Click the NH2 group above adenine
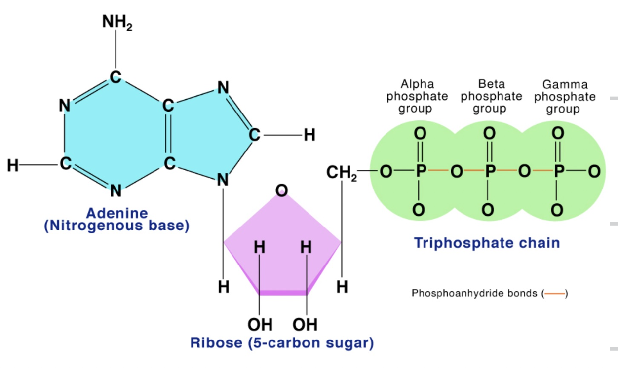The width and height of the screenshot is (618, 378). click(117, 22)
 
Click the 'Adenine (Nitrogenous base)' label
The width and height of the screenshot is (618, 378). click(116, 220)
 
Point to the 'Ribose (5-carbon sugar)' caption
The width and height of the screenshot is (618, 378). click(282, 342)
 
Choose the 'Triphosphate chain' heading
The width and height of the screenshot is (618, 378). click(487, 243)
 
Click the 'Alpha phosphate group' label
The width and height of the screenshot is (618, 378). click(417, 96)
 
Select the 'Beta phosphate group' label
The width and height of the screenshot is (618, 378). click(491, 96)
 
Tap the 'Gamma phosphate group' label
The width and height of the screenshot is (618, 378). click(565, 96)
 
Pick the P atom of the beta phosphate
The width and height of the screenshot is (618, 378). click(489, 172)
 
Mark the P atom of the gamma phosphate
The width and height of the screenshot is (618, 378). click(558, 172)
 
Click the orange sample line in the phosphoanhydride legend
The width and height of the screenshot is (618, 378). click(555, 294)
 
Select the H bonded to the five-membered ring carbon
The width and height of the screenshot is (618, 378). click(309, 135)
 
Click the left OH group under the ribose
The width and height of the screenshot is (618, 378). click(260, 324)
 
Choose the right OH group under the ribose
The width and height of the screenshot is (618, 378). click(305, 324)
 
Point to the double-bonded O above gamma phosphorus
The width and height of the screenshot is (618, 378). click(558, 133)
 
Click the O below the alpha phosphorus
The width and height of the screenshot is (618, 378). click(419, 210)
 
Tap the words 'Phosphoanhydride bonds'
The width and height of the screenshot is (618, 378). click(474, 294)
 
